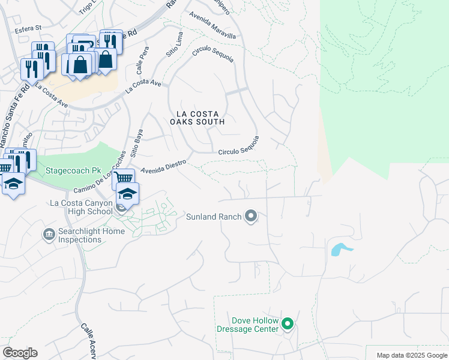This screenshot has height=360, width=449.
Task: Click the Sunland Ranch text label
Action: coord(213,216)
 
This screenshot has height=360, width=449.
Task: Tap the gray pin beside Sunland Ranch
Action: coord(251,216)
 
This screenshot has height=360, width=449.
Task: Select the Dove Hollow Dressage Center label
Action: coord(247,325)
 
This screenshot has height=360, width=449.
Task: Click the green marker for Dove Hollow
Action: coord(288,325)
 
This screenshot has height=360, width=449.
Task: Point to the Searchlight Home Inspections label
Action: coord(80,235)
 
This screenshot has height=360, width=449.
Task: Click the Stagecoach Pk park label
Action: coord(71,170)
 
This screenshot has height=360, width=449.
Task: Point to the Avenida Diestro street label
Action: coord(164,166)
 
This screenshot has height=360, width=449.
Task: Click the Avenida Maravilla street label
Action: coord(212,26)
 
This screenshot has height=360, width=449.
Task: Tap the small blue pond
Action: coord(339,249)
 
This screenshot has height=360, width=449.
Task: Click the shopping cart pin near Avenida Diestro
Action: coord(123,178)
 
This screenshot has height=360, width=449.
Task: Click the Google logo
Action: coord(20,352)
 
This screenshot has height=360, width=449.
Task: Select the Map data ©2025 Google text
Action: coord(411,355)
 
